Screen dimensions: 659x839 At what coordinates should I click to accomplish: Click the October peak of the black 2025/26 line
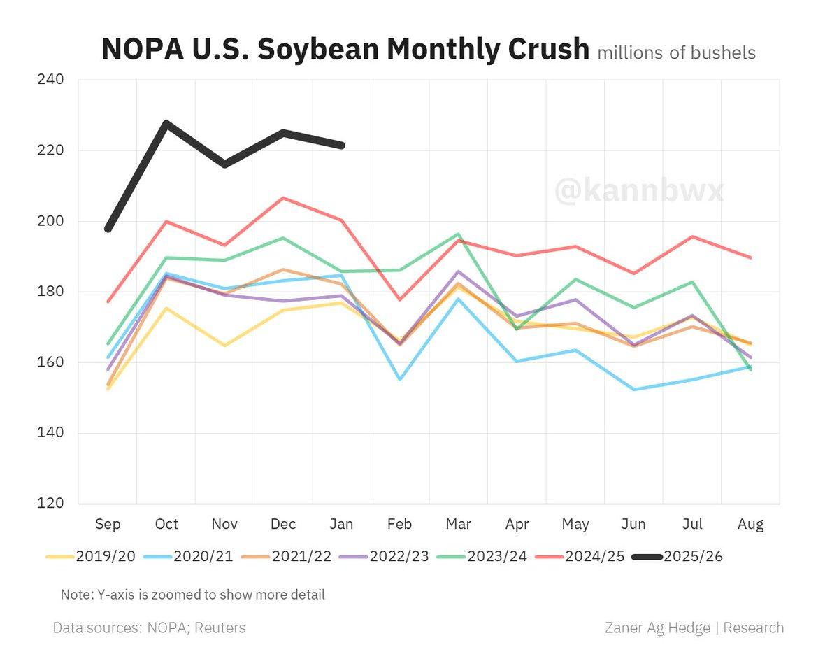click(x=166, y=124)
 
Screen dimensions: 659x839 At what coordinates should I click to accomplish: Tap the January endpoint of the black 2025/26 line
click(x=342, y=146)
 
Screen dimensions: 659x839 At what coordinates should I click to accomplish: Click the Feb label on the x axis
click(x=400, y=524)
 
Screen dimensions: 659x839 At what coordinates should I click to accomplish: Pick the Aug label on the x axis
click(x=750, y=524)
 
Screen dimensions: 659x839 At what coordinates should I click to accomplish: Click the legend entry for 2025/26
click(x=692, y=557)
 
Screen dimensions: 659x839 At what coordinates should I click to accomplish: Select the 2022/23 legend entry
click(x=399, y=557)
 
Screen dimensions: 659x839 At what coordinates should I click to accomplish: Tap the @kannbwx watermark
click(x=639, y=190)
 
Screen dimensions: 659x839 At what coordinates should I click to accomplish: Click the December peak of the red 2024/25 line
click(x=283, y=198)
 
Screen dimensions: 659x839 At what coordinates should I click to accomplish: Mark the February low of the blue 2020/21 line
click(x=400, y=379)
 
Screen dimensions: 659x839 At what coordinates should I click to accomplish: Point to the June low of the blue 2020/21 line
click(x=633, y=389)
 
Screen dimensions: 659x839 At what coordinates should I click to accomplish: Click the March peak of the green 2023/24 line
click(x=458, y=234)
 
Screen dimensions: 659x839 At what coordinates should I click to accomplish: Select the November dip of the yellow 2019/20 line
click(x=224, y=345)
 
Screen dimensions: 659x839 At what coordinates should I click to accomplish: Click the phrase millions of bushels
click(x=676, y=52)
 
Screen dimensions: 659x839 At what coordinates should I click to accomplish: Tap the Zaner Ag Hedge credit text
click(x=694, y=628)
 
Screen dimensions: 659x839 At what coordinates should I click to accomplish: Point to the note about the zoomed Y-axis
click(x=192, y=595)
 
